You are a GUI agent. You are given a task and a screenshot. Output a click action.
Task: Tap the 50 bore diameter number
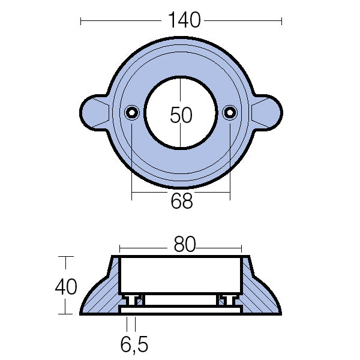tap(181, 114)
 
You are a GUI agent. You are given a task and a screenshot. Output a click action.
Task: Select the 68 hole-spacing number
tap(181, 202)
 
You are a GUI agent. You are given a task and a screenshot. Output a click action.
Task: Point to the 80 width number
tap(184, 245)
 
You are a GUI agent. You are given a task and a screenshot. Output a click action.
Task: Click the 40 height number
tap(66, 287)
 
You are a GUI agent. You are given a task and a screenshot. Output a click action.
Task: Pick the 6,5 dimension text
tap(134, 345)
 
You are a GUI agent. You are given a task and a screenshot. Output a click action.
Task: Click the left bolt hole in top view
tap(131, 112)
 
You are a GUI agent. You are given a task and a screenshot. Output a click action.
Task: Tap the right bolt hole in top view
tap(230, 112)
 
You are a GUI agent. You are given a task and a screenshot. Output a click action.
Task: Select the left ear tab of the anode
tap(94, 112)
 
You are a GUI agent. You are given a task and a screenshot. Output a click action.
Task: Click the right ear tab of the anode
tap(267, 112)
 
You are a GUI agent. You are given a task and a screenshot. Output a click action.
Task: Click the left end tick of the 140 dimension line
tap(80, 21)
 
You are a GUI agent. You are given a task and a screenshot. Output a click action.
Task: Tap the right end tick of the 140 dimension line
tap(281, 21)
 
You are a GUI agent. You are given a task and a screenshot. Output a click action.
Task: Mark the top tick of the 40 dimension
tap(65, 257)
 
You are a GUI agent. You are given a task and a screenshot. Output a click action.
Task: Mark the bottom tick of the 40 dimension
tap(65, 314)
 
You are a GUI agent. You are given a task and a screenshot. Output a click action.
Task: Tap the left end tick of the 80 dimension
tap(120, 247)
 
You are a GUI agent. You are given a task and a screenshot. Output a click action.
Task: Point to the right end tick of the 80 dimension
tap(241, 247)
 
